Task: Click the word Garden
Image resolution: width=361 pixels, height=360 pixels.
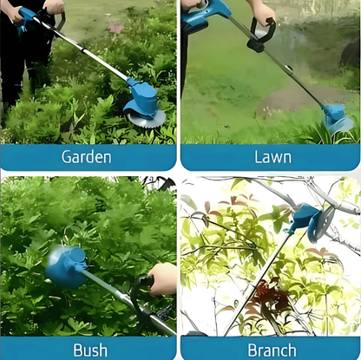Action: (x=87, y=157)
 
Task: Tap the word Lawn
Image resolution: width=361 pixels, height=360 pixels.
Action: (x=272, y=157)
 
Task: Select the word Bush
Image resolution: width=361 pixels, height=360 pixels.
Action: (x=90, y=350)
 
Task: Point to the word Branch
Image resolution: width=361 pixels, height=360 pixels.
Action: (x=272, y=350)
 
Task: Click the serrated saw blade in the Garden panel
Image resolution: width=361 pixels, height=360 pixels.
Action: (x=146, y=119)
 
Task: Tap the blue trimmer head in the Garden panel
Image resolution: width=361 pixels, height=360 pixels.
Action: (x=141, y=98)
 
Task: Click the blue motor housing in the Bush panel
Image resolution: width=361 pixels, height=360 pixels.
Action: (x=66, y=266)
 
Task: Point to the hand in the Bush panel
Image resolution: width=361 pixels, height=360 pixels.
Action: (x=163, y=279)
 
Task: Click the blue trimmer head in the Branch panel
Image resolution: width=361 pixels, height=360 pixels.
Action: (x=305, y=219)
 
